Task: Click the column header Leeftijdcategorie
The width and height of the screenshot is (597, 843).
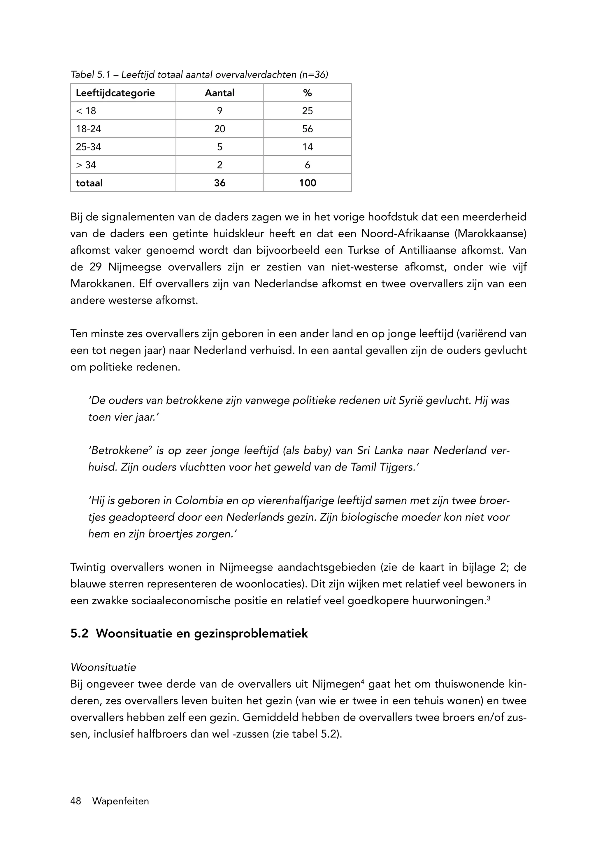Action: pos(115,93)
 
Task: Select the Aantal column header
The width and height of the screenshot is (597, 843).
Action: pos(220,93)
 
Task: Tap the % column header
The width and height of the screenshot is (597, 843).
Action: pos(307,93)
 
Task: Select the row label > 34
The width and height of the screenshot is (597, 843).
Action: pos(86,165)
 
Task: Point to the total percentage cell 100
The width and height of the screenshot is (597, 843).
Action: pos(307,183)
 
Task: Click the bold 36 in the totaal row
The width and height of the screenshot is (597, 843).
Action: pos(220,183)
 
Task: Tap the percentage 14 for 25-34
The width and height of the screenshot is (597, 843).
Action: pos(307,147)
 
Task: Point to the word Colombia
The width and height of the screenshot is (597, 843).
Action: pos(199,501)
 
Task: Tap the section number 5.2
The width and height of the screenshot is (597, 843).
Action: pos(79,634)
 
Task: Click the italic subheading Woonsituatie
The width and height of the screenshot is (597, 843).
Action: pos(103,667)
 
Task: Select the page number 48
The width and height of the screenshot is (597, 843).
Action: pos(76,801)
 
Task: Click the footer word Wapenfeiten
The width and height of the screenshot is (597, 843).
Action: pos(121,801)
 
